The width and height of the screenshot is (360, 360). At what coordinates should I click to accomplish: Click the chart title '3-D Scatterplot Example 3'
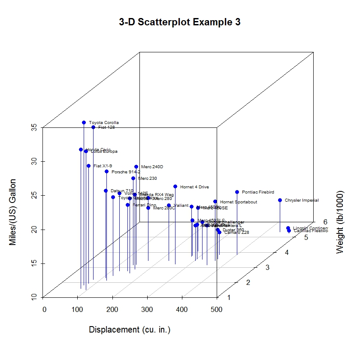[180, 22]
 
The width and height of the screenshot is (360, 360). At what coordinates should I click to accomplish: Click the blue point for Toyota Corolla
[84, 123]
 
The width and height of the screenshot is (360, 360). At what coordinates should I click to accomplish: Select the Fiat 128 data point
[93, 127]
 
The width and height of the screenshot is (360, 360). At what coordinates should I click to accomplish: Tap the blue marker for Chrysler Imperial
[280, 200]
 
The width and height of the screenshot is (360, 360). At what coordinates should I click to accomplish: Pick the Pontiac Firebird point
[237, 192]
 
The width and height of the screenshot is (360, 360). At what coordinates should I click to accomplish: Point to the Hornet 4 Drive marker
[175, 187]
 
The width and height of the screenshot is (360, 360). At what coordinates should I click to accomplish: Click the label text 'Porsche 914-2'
[126, 172]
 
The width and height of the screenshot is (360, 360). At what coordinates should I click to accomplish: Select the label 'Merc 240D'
[152, 167]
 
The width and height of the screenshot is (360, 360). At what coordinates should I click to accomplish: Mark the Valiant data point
[169, 206]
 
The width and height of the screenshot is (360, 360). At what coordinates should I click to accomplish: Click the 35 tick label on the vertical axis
[35, 127]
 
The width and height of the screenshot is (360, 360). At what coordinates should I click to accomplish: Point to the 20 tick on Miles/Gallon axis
[35, 230]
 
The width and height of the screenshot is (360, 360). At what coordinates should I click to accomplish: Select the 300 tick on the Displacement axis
[147, 309]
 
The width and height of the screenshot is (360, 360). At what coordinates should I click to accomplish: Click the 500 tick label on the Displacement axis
[217, 309]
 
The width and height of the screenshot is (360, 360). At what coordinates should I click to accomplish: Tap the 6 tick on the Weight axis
[326, 222]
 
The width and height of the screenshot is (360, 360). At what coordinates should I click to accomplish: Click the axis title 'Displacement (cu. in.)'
[130, 330]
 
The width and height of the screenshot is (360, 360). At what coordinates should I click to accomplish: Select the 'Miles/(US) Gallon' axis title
[13, 212]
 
